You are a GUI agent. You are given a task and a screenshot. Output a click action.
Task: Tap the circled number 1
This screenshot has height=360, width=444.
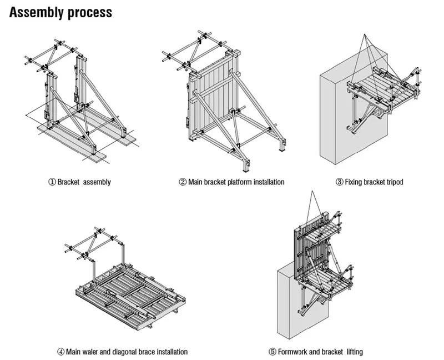(x=52, y=182)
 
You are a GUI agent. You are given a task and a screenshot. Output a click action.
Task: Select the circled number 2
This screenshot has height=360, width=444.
(x=183, y=182)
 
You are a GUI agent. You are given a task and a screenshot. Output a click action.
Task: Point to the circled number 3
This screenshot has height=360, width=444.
(x=340, y=182)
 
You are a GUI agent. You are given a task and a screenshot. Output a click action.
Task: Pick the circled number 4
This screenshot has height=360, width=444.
(x=61, y=352)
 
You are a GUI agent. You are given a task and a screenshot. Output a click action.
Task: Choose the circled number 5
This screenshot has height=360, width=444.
(x=273, y=352)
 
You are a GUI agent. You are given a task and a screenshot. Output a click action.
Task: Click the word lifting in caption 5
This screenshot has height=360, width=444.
(x=355, y=352)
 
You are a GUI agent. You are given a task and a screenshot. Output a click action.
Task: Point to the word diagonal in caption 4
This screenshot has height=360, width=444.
(x=125, y=352)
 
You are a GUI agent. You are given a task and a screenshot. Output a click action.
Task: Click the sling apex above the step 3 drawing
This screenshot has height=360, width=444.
(x=365, y=34)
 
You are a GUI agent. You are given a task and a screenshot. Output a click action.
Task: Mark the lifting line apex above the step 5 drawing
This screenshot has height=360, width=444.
(x=312, y=192)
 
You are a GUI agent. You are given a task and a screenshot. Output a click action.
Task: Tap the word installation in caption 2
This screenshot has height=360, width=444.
(x=269, y=182)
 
